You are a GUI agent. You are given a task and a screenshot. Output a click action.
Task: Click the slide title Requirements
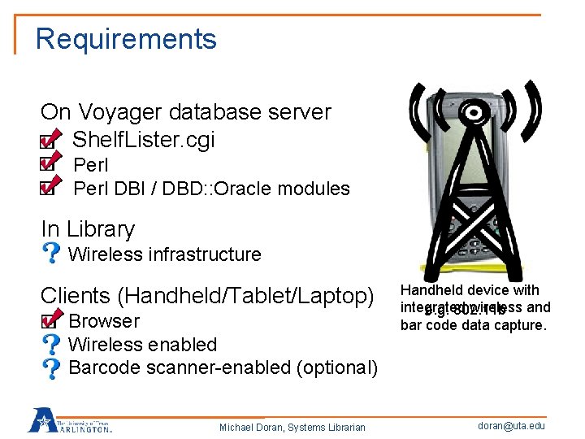(x=126, y=39)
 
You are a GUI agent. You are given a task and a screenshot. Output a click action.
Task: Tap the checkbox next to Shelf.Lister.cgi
(x=48, y=141)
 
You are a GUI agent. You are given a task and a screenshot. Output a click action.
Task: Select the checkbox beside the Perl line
(x=48, y=164)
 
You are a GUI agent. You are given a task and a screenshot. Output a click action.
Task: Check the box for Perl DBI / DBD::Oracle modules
(x=48, y=189)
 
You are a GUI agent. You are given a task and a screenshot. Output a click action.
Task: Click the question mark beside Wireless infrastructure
(x=50, y=254)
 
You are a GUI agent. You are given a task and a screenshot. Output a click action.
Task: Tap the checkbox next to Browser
(x=48, y=321)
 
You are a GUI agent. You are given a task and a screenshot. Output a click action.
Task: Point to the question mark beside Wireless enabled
(x=50, y=345)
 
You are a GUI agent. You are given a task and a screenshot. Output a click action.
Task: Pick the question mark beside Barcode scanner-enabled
(x=50, y=367)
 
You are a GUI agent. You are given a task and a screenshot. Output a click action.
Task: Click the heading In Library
(x=88, y=230)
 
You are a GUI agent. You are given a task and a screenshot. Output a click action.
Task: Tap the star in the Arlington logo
(x=41, y=419)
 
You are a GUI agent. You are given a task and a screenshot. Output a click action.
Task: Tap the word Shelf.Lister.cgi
(x=144, y=140)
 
